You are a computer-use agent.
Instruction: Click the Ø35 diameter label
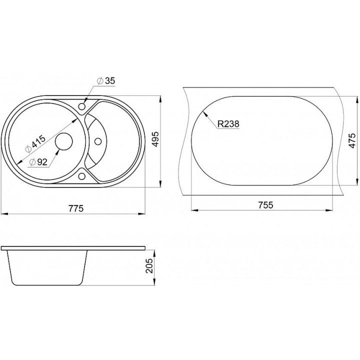coord(106,81)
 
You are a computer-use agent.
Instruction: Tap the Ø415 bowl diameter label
coord(36,143)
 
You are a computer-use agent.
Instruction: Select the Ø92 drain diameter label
coord(38,162)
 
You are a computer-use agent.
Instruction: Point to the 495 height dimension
coord(155,139)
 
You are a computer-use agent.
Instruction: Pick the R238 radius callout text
coord(228,124)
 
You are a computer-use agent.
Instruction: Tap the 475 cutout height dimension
coord(352,140)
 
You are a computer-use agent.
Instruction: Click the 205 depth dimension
coord(149,265)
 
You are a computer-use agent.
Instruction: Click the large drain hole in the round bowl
coord(64,141)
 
